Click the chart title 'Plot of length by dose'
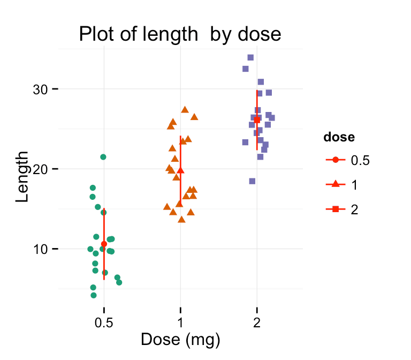coord(180,34)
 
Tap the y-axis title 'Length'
coord(22,176)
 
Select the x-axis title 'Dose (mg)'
coord(180,340)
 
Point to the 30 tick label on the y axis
coord(40,89)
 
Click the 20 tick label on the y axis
coord(40,169)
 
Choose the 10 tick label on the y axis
coord(40,249)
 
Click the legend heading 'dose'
coord(339,137)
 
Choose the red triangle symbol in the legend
coord(335,184)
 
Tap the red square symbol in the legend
coord(335,209)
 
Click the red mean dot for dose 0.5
coord(104,244)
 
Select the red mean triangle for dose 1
coord(180,170)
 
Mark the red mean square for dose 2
coord(257,120)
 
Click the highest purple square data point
coord(250,57)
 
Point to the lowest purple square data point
coord(252,181)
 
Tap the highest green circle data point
coord(103,157)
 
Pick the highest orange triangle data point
coord(185,109)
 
